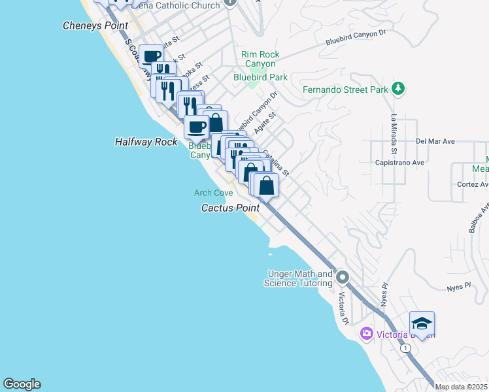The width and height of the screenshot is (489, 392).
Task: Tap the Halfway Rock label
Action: click(x=146, y=141)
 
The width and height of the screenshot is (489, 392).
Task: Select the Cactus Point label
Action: click(x=230, y=208)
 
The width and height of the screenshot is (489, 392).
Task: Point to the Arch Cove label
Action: click(x=213, y=193)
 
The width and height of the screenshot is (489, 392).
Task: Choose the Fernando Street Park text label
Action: click(x=345, y=90)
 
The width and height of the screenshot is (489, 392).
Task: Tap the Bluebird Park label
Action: click(x=260, y=77)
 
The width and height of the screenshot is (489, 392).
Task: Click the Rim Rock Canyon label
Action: click(x=260, y=59)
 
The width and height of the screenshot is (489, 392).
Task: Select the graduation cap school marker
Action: click(x=422, y=324)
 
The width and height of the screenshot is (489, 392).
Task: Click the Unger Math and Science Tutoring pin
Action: click(x=342, y=279)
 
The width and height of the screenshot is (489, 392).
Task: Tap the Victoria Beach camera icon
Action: click(x=366, y=334)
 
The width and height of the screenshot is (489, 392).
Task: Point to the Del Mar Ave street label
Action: click(x=435, y=141)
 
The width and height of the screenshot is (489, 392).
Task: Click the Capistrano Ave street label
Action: click(x=399, y=162)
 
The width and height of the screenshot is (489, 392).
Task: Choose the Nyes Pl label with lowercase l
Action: click(x=458, y=286)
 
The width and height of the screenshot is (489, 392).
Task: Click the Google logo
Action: click(x=22, y=384)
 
